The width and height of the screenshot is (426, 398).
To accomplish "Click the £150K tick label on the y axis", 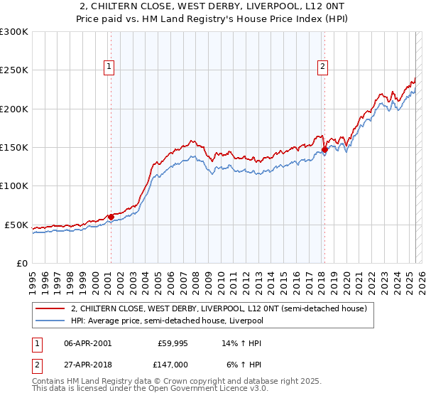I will pos(14,148).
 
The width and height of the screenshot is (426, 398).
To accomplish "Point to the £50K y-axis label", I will pos(16,225).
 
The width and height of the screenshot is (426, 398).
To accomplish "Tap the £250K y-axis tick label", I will pos(14,70).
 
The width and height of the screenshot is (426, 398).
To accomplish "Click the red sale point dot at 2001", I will pos(111,217).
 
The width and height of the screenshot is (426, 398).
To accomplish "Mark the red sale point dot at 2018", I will pos(324,150).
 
